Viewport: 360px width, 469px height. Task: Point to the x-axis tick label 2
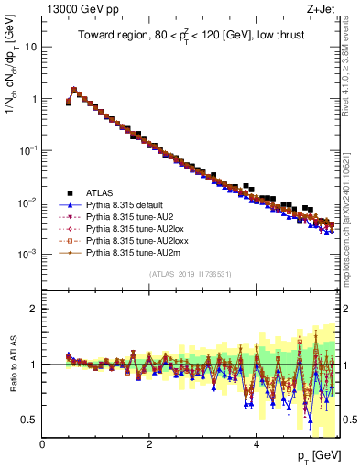[x=149, y=443]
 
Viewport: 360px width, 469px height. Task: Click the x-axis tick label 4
[x=256, y=443]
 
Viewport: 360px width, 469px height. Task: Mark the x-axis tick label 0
[x=42, y=443]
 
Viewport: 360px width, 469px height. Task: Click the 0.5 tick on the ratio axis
[x=30, y=420]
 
